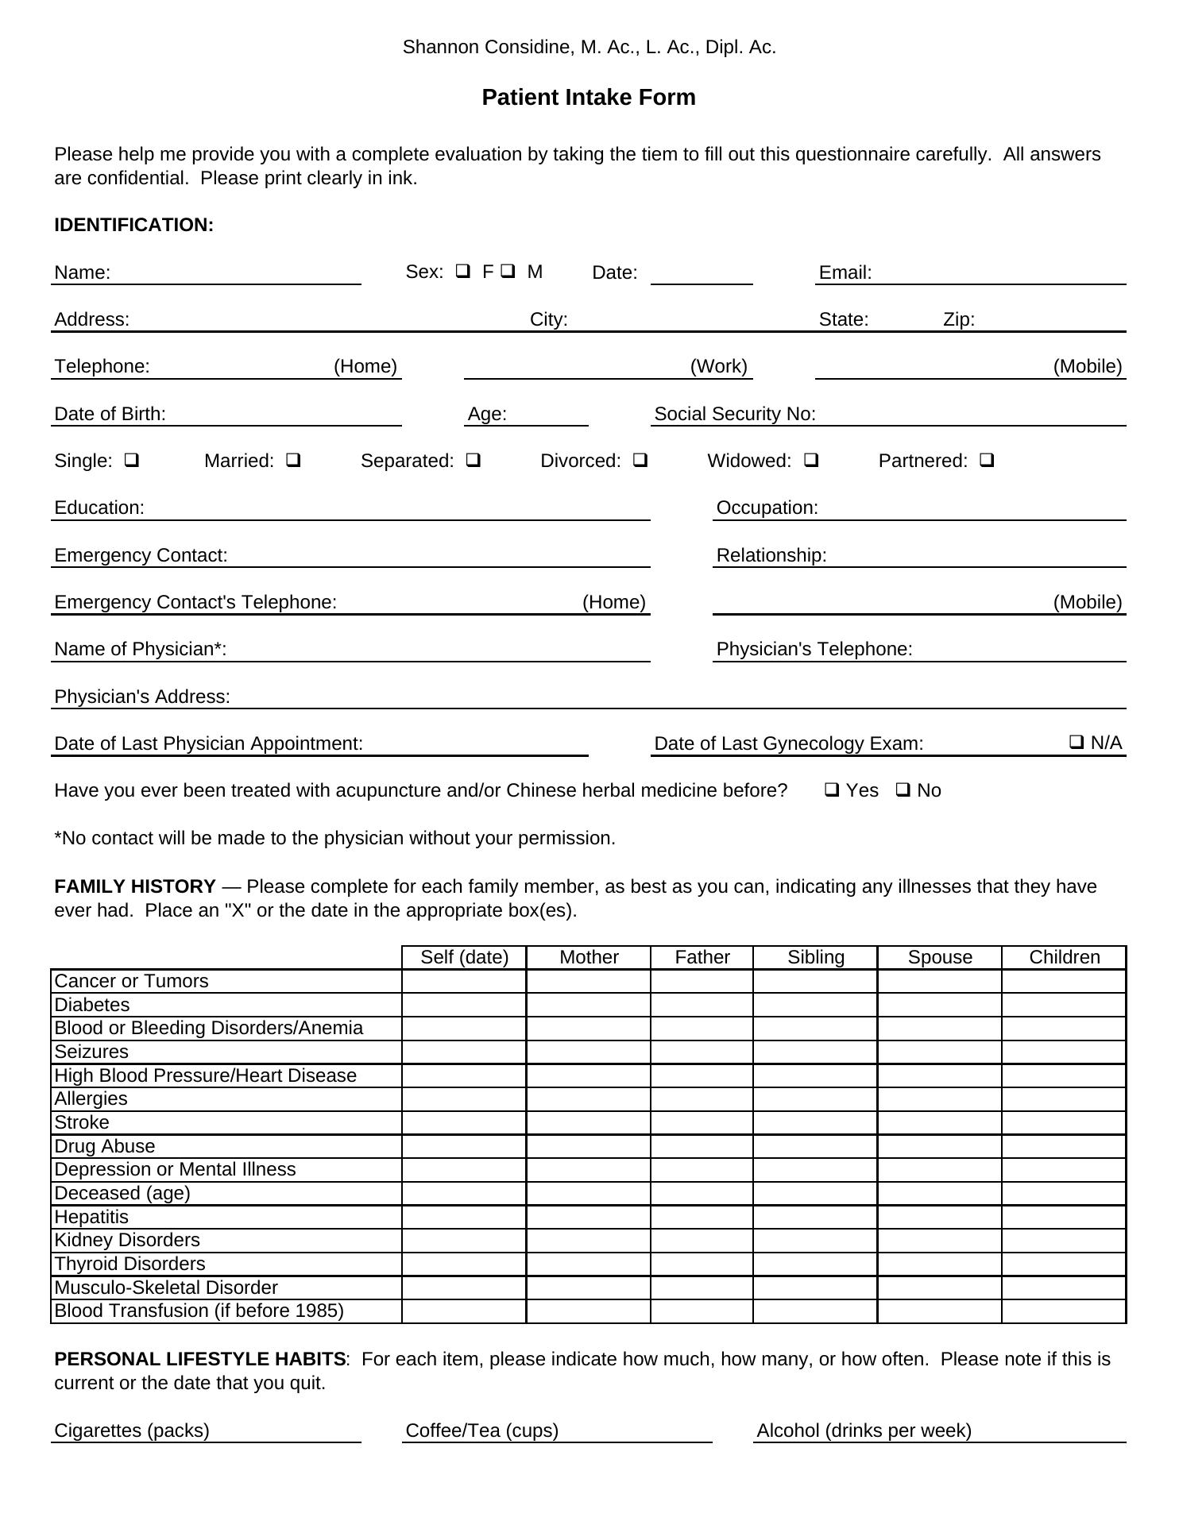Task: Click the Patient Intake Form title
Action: point(589,98)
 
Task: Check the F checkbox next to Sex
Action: point(462,271)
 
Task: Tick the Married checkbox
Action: point(293,460)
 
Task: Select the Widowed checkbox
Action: point(811,460)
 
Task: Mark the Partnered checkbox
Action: point(987,460)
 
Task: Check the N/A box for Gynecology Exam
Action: point(1077,742)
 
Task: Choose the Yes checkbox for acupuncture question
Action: point(832,790)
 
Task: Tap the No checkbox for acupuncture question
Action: point(903,790)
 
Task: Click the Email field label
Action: point(845,273)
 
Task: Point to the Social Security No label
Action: point(735,414)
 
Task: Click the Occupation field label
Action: point(767,508)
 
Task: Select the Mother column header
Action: point(589,957)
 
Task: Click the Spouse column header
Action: point(940,957)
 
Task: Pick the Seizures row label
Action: point(91,1052)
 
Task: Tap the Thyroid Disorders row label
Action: point(129,1264)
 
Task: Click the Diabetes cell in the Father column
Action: point(702,1005)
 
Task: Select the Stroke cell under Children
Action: point(1064,1122)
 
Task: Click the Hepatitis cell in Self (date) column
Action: point(464,1217)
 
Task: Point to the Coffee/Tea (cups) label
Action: point(482,1430)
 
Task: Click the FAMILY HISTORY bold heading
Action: point(135,886)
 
